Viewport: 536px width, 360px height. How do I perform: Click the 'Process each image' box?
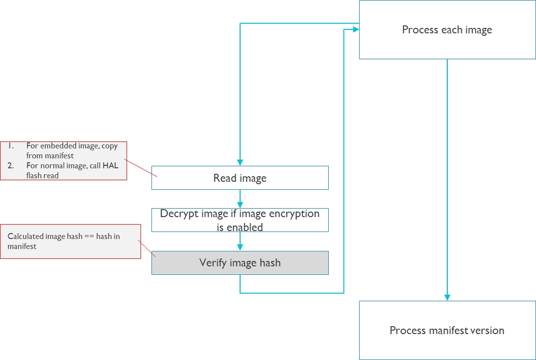click(447, 30)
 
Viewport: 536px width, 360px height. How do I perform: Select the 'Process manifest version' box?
click(447, 330)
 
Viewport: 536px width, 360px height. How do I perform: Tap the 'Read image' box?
click(240, 178)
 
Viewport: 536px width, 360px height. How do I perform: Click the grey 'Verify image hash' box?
click(240, 263)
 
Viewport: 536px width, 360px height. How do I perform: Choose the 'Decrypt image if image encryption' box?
click(240, 220)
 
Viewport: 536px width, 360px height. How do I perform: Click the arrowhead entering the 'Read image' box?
click(240, 162)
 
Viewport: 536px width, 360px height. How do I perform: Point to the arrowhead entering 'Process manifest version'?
click(447, 297)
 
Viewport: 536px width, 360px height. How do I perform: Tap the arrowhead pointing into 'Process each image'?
click(356, 30)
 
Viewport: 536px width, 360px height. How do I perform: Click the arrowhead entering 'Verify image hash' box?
click(240, 247)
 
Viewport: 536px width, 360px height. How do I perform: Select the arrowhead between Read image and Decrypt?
click(240, 205)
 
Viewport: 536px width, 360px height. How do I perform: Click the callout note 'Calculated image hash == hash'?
click(70, 241)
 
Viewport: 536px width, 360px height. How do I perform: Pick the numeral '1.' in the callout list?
click(10, 146)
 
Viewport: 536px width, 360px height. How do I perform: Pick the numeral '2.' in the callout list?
click(10, 166)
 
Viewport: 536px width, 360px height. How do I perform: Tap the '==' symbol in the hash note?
click(89, 237)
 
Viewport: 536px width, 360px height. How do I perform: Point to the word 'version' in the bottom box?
click(486, 330)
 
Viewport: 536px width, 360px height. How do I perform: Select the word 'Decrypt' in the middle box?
click(178, 214)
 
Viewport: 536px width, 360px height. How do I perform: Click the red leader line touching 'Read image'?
click(141, 168)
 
